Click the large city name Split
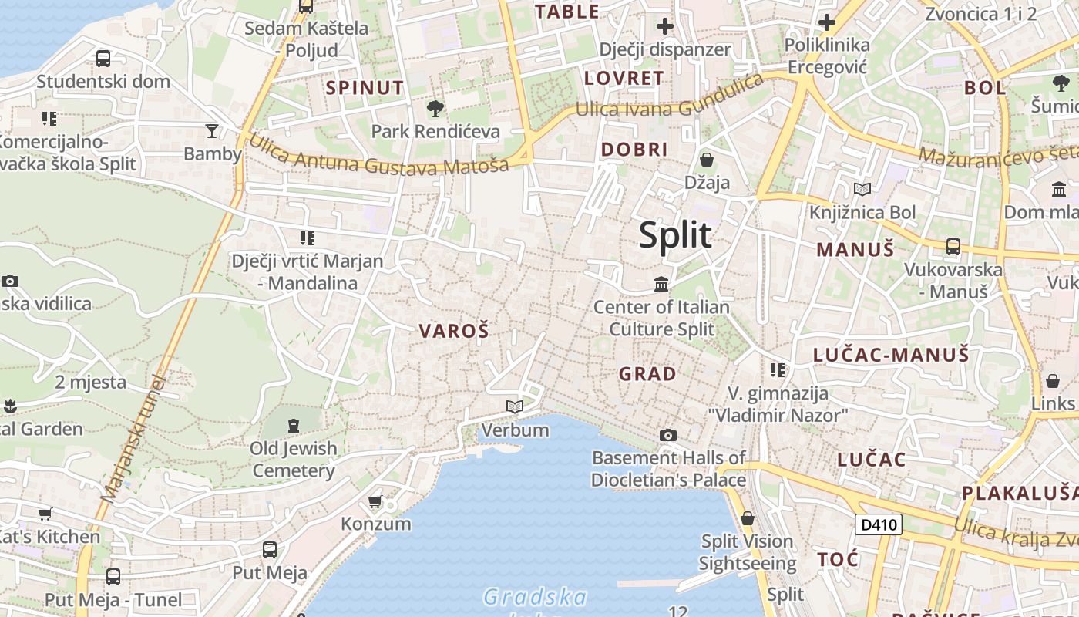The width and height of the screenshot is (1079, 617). click(x=675, y=234)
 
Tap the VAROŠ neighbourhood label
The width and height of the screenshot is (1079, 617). click(x=454, y=332)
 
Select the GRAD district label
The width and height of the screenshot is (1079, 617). click(x=647, y=374)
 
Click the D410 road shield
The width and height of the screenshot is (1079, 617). click(x=879, y=525)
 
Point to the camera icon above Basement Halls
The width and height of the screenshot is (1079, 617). click(x=668, y=436)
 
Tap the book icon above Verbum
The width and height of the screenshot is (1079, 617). click(x=514, y=406)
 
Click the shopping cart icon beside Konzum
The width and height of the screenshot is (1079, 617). click(x=375, y=502)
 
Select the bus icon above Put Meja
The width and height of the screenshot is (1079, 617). click(x=270, y=550)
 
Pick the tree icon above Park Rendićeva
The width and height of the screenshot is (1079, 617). click(x=435, y=108)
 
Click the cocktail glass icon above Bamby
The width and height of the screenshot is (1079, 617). click(x=212, y=130)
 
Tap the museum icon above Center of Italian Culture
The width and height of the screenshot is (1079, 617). click(x=661, y=285)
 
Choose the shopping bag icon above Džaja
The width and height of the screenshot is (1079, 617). click(x=707, y=160)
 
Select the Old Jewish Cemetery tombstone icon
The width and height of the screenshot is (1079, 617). click(x=293, y=425)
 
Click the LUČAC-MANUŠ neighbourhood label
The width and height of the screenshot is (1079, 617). click(x=891, y=355)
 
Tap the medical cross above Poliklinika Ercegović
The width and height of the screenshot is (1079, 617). click(x=827, y=22)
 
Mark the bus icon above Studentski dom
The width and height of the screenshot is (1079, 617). click(x=103, y=58)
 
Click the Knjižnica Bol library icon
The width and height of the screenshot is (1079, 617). click(x=862, y=189)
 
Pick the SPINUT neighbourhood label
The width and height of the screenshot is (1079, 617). click(x=365, y=88)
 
